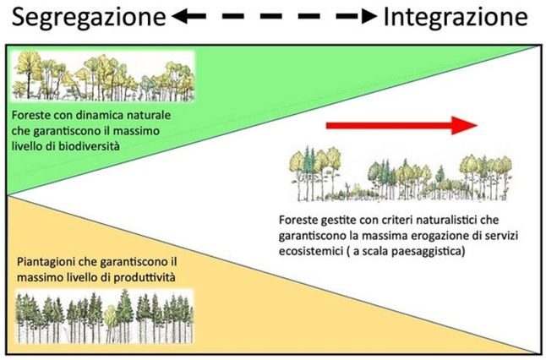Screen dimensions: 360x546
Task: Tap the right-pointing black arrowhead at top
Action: click(365, 17)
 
